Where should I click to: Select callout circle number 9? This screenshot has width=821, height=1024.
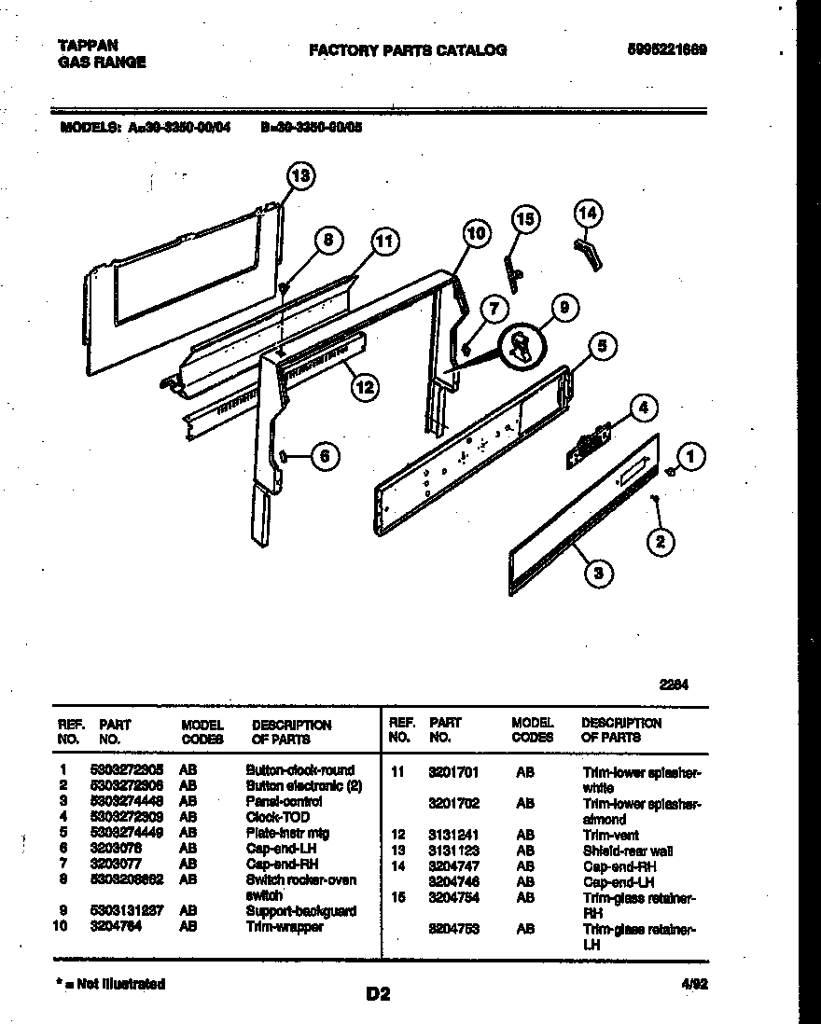tap(563, 309)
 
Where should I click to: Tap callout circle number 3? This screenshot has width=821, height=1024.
tap(599, 574)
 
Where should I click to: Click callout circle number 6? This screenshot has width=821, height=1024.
tap(323, 456)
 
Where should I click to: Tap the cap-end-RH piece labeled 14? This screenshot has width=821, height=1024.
tap(587, 253)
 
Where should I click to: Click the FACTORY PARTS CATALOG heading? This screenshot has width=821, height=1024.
tap(408, 50)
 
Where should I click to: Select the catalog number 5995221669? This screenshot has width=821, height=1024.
tap(666, 50)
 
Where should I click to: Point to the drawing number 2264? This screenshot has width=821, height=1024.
tap(675, 685)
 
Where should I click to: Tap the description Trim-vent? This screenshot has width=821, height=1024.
tap(610, 836)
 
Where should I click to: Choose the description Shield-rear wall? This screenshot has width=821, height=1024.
tap(627, 851)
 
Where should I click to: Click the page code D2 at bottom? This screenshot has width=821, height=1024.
tap(378, 995)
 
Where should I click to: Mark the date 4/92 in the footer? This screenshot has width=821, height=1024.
tap(692, 984)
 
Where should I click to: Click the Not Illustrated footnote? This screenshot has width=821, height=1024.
tap(111, 984)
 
